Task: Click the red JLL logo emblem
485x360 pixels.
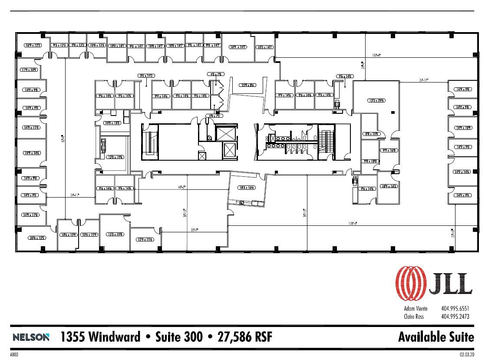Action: (x=410, y=283)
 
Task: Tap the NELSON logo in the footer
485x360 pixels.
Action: (x=31, y=337)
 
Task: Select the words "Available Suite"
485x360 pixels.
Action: (x=436, y=337)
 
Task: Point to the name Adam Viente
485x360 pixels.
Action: (x=416, y=309)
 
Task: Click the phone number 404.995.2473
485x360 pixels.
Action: (x=455, y=317)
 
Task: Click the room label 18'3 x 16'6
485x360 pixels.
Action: (x=246, y=188)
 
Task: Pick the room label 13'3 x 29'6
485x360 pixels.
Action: (x=376, y=100)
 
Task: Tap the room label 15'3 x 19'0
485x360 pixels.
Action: (x=114, y=234)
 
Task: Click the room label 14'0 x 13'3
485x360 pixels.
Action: (x=112, y=123)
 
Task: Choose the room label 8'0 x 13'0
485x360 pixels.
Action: (x=372, y=134)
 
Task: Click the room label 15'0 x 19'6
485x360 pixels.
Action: (x=115, y=157)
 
